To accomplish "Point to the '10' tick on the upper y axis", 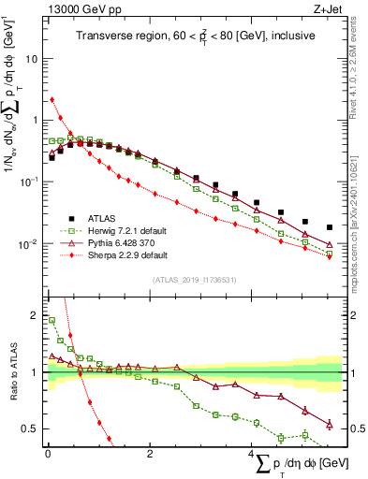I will [32, 58].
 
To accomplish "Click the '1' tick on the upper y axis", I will [36, 120].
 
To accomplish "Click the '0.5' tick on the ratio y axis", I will [31, 428].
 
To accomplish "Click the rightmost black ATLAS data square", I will [329, 227].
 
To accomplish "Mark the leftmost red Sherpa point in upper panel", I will [52, 99].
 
